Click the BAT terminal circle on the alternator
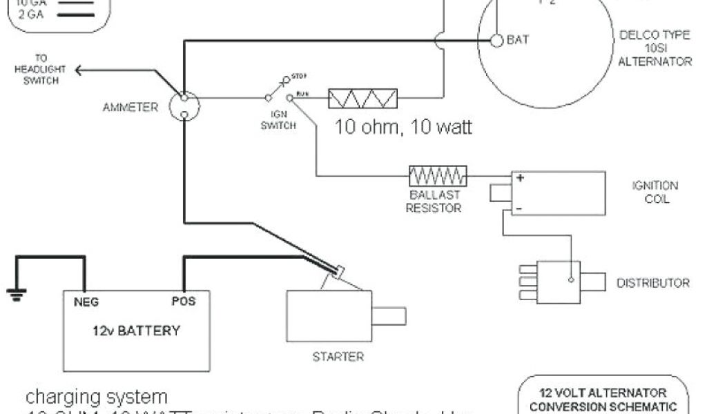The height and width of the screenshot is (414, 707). point(496,40)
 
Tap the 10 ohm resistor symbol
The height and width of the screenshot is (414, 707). point(363,99)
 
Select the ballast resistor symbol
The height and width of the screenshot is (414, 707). point(438,176)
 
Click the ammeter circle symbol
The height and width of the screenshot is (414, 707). point(184,107)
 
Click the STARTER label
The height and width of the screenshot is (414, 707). point(338,357)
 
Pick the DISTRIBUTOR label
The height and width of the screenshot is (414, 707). point(652,283)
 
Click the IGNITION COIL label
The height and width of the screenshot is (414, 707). point(655,193)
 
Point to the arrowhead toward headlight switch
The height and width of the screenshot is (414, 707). point(78,69)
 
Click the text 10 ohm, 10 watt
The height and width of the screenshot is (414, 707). point(403,128)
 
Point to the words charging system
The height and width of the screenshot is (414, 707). point(97,397)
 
